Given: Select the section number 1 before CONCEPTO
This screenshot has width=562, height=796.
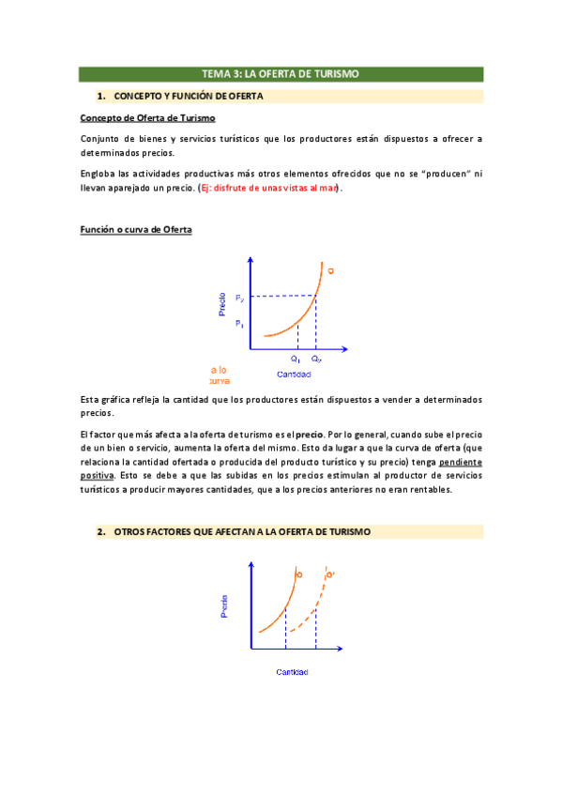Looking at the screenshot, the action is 99,96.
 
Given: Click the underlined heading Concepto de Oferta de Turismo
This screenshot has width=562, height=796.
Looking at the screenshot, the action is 148,117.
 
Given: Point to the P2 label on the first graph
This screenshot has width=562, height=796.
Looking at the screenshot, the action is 240,298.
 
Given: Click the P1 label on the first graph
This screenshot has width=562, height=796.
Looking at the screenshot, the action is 240,324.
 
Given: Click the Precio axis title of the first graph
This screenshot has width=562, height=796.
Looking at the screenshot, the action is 222,304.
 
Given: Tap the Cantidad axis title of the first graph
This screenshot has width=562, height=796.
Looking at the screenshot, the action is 293,375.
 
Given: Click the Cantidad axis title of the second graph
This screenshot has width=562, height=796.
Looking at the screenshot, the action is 292,672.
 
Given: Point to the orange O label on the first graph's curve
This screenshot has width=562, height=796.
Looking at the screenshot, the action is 330,270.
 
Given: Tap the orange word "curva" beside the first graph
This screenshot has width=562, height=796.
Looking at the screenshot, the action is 220,381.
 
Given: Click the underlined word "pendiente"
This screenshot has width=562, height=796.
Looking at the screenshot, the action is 460,464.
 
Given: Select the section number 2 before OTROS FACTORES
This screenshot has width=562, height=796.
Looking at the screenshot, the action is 100,532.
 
